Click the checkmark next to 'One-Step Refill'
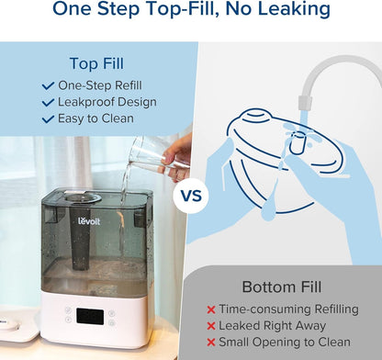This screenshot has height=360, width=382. coord(49,84)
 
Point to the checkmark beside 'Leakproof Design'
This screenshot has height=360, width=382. coord(49,101)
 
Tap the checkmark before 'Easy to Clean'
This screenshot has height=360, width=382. coord(49,118)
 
